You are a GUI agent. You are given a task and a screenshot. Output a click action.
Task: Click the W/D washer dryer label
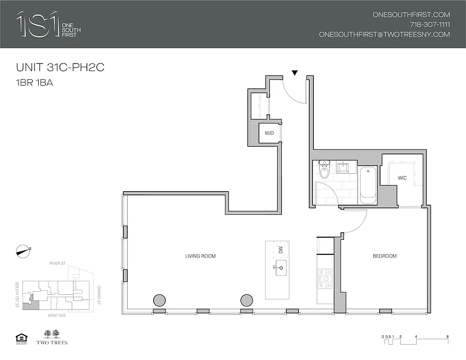click(269, 133)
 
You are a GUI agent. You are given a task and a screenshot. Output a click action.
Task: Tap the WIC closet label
click(402, 178)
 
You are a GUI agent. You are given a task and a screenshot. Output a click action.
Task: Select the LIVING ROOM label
click(200, 256)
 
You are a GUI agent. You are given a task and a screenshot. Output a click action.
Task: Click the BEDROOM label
click(385, 256)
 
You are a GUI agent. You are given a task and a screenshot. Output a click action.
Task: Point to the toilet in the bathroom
click(324, 171)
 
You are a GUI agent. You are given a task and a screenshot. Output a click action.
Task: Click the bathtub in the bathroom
click(368, 185)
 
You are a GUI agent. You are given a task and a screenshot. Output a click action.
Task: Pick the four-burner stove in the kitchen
click(325, 279)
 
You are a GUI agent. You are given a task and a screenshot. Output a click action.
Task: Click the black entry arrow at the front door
click(295, 73)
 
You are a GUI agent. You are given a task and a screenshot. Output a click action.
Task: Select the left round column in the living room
click(159, 300)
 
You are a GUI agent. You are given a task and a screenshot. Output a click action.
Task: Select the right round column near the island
click(246, 300)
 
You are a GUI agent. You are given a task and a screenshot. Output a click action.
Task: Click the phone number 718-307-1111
click(430, 24)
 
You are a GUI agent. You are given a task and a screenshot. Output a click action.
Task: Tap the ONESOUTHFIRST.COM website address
click(411, 14)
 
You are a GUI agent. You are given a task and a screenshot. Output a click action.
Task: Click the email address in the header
click(384, 34)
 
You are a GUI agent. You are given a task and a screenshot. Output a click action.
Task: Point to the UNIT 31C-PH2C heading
click(60, 67)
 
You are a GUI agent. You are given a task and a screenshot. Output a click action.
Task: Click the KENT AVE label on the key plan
click(57, 316)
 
